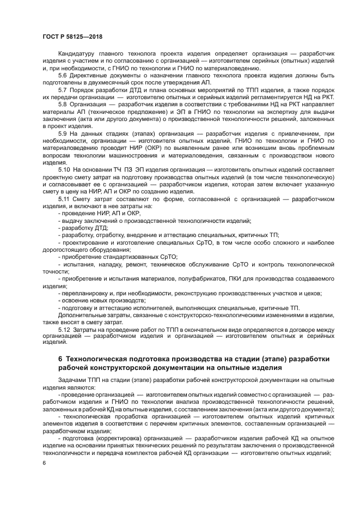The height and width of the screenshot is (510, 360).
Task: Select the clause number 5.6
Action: (63, 75)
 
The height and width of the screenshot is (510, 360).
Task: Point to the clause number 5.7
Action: (63, 89)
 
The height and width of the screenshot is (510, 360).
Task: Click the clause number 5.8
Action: (63, 104)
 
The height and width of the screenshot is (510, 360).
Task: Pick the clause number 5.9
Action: (63, 132)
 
